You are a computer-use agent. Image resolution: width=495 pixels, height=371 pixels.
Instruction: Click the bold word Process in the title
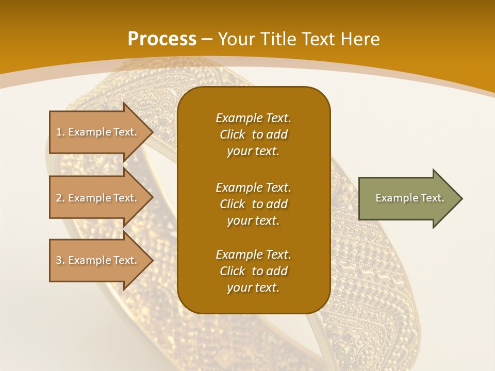click(x=162, y=39)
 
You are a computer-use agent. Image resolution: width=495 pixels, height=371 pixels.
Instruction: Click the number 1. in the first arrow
click(x=60, y=132)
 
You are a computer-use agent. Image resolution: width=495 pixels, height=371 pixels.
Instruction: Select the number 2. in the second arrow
click(x=60, y=198)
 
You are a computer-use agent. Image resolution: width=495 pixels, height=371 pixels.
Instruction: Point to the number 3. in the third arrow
click(x=60, y=260)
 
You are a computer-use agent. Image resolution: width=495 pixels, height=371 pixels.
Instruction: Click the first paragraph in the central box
click(x=253, y=134)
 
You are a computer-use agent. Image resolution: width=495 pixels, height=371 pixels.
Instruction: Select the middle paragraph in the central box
click(x=253, y=204)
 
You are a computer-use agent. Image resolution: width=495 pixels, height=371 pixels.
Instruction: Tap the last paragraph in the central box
click(x=253, y=271)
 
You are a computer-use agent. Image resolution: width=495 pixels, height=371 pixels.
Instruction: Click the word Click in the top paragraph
click(x=233, y=134)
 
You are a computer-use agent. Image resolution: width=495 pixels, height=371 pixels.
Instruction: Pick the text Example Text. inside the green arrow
click(x=409, y=198)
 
